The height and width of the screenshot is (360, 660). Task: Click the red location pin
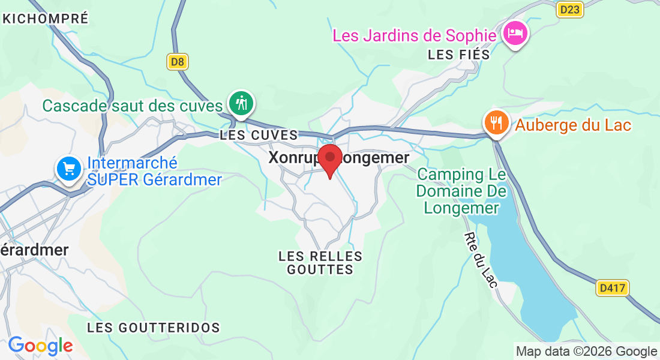[x=330, y=158]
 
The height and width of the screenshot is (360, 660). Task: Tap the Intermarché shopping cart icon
[x=69, y=169]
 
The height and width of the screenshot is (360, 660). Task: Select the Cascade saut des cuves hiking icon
[x=241, y=103]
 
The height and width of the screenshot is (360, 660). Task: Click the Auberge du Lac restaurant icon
[x=496, y=123]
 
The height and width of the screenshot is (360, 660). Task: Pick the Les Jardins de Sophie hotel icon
[x=515, y=32]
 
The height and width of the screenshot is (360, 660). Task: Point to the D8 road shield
[x=177, y=61]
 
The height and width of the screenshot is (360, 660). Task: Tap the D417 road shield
[x=613, y=288]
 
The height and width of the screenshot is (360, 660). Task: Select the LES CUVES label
[x=259, y=135]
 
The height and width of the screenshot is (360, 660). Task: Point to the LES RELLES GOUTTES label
[x=320, y=263]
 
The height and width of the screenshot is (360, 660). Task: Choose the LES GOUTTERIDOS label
[x=154, y=328]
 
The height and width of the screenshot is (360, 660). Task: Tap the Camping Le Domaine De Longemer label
[x=462, y=191]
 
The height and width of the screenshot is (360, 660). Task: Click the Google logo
[x=40, y=346]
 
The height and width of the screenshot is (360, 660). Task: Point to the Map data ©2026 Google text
[x=586, y=352]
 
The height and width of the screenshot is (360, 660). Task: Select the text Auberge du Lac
[x=574, y=126]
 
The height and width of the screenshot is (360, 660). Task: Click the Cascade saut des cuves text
[x=133, y=106]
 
